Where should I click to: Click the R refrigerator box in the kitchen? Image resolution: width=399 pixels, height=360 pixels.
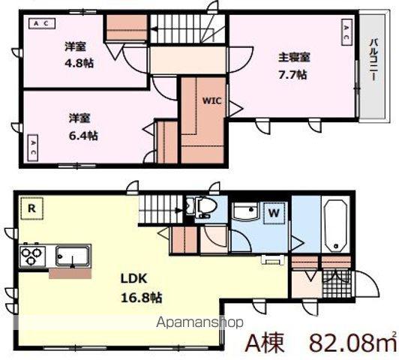[31, 208]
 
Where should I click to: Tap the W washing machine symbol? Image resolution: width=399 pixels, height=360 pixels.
[274, 213]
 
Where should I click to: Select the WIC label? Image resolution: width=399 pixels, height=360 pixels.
[212, 100]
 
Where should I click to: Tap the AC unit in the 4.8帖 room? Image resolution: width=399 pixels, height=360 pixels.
[41, 23]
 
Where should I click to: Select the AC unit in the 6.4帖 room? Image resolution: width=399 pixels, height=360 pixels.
[32, 148]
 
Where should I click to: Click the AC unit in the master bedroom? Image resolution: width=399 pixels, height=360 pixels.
[346, 32]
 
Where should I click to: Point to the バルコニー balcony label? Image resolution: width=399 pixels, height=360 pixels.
[373, 60]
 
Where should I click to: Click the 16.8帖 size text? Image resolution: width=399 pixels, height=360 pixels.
[141, 297]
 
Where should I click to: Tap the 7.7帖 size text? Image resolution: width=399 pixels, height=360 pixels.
[292, 75]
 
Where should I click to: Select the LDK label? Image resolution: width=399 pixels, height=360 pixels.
[133, 279]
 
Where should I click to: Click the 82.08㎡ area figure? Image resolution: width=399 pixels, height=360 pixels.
[352, 344]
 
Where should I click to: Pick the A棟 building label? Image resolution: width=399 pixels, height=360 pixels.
[265, 344]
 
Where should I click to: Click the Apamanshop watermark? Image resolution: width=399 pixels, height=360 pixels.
[200, 322]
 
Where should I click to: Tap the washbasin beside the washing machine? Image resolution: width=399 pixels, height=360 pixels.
[246, 211]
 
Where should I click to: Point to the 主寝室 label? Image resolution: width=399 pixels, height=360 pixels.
[294, 58]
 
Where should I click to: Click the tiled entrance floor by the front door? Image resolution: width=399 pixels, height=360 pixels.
[337, 284]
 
